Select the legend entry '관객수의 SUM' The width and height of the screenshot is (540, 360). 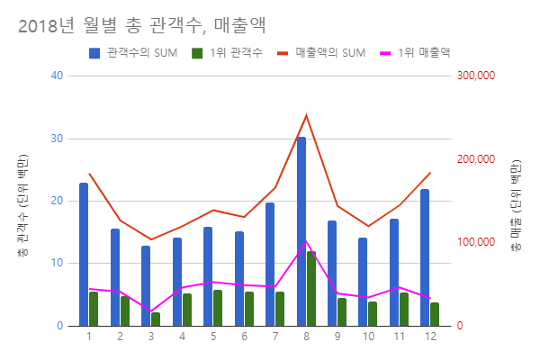tap(132, 52)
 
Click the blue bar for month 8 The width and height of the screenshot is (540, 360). tap(301, 231)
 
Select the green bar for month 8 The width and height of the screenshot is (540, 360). tap(311, 288)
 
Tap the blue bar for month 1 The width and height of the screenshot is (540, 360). tap(84, 254)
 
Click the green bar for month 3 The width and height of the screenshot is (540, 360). tap(156, 319)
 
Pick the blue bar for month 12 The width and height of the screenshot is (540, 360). tap(425, 257)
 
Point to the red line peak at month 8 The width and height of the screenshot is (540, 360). tap(306, 114)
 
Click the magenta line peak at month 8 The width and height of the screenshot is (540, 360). tap(306, 240)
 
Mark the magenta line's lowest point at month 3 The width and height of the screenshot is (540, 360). tap(150, 310)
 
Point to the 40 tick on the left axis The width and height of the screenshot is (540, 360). tap(57, 76)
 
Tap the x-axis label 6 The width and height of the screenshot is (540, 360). tap(244, 337)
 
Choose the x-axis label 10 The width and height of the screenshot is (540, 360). tap(368, 337)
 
